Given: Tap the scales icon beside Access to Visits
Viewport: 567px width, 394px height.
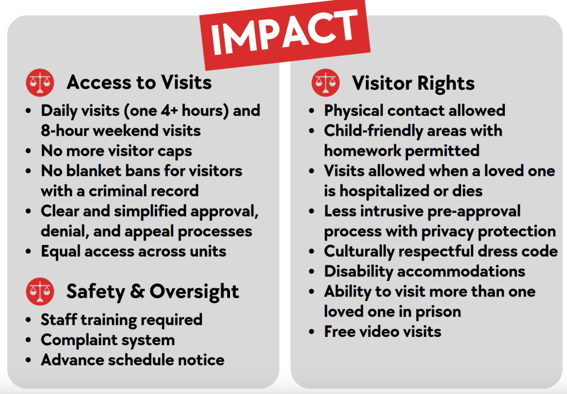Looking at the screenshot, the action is click(40, 83).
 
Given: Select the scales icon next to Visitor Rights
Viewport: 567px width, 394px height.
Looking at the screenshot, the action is click(326, 83).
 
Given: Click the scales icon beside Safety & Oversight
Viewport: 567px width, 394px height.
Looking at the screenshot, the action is click(40, 291).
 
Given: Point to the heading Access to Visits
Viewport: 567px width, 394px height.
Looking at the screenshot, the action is click(139, 83).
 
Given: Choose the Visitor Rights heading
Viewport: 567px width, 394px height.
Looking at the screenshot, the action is click(413, 84).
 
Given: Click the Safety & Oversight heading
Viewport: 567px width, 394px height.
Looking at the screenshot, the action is click(152, 291).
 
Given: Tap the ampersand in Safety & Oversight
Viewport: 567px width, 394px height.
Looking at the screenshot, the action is click(137, 291).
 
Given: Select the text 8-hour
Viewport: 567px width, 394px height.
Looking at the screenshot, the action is click(65, 131).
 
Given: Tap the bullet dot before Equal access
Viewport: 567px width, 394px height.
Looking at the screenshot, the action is click(29, 252).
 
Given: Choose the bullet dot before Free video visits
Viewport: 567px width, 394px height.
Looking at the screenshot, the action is click(311, 332).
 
